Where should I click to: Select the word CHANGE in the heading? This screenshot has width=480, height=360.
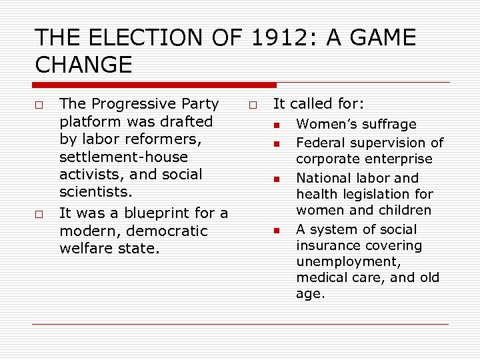(x=83, y=65)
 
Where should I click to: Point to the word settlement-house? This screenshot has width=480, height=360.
(x=123, y=157)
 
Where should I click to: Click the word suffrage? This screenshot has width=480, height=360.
(x=391, y=124)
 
